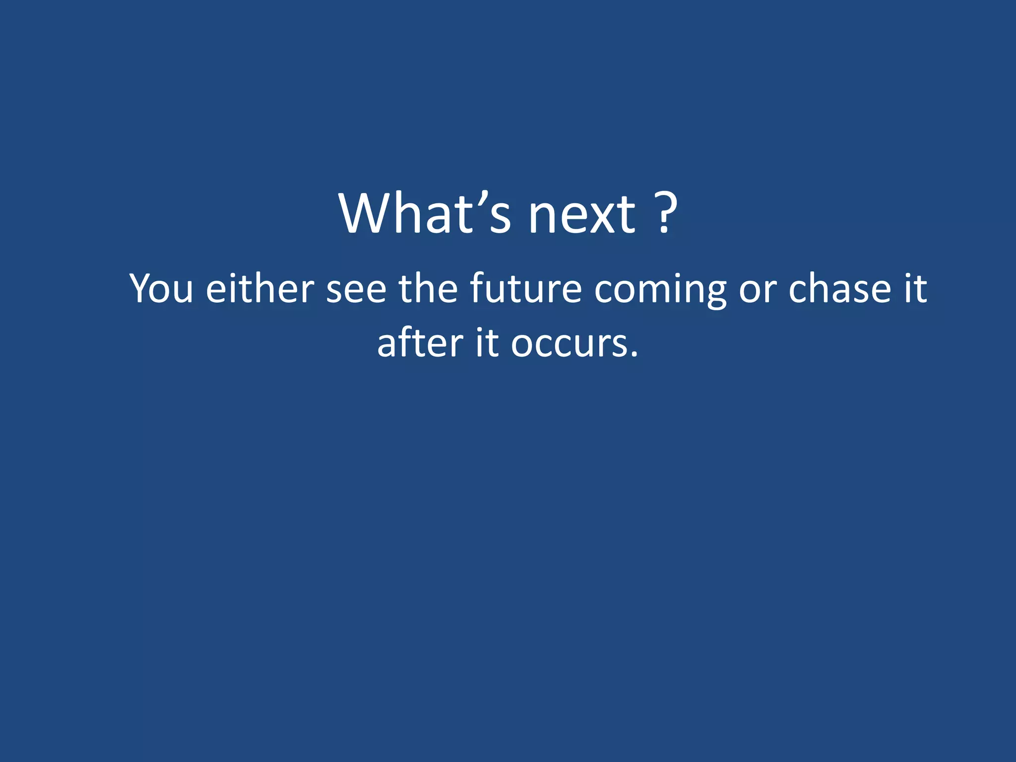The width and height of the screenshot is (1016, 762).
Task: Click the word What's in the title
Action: (425, 213)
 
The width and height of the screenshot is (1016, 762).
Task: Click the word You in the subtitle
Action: (161, 288)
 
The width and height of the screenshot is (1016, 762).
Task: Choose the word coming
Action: (660, 290)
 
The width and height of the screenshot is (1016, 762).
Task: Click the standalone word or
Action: (758, 290)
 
